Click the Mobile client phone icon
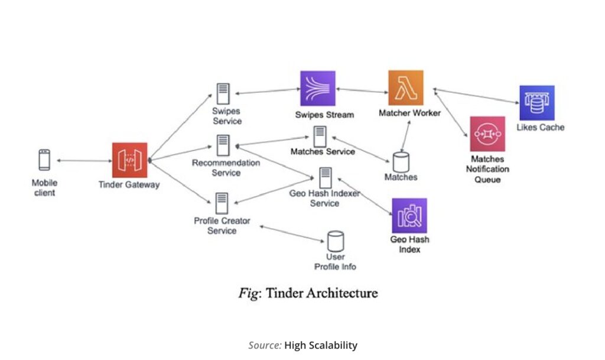tap(44, 160)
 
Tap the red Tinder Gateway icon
tap(129, 160)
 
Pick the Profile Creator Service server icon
tap(222, 203)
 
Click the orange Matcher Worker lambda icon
tap(406, 87)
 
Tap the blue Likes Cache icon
tap(537, 103)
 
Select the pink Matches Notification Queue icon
tap(487, 134)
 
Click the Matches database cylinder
tap(401, 161)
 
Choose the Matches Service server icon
tap(321, 137)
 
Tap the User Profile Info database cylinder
tap(336, 241)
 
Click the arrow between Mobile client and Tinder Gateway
tap(84, 160)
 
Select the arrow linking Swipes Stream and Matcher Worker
tap(361, 90)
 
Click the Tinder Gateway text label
tap(129, 184)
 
